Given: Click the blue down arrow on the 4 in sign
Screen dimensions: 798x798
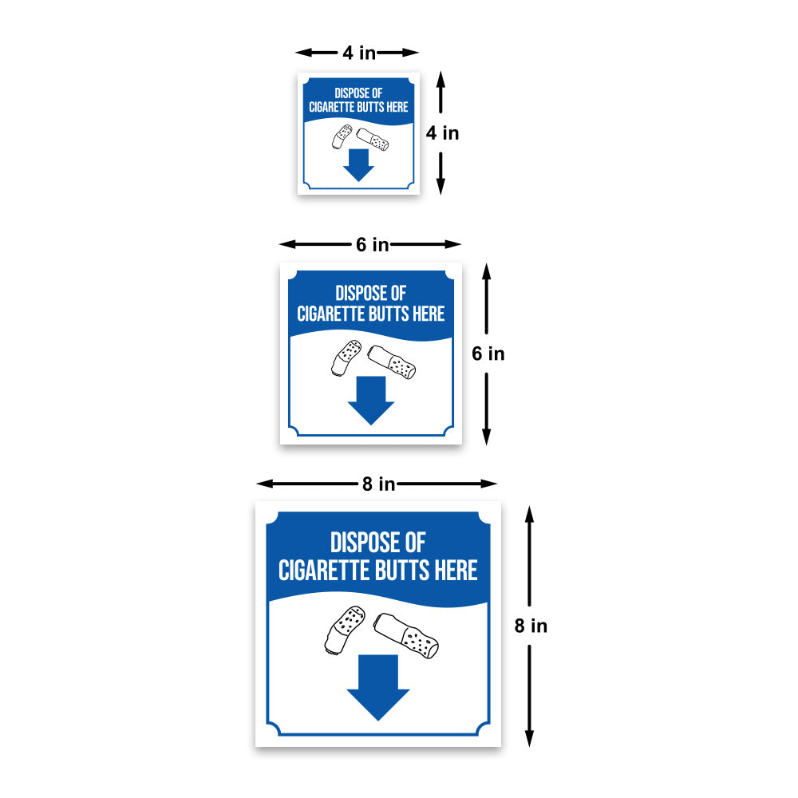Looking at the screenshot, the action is (358, 165).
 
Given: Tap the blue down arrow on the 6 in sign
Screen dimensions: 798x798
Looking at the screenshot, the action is (371, 400).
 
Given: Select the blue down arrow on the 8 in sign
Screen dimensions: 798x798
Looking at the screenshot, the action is (378, 687).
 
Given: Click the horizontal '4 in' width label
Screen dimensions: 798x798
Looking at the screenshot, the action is (359, 53).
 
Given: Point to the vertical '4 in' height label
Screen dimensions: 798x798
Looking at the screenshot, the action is (442, 132).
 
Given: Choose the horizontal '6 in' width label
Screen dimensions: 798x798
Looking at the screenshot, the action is (372, 244).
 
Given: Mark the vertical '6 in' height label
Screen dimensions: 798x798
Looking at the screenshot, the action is (488, 354).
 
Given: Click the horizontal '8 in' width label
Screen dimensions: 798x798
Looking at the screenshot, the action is (378, 484).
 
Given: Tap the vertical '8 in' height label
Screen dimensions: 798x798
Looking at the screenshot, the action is (531, 626).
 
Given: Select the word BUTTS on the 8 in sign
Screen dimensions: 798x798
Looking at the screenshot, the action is (405, 570).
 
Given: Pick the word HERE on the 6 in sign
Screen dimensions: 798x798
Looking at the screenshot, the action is (429, 314).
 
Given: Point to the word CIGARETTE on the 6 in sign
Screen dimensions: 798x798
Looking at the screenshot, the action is (332, 314).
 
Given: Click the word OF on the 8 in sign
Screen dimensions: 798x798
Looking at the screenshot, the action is (415, 543).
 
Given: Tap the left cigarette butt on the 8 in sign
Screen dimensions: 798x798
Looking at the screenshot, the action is (345, 630).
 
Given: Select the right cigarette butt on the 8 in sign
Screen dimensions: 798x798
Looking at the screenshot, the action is (406, 636).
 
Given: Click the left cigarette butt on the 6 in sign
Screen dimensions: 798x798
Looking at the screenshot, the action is (346, 358).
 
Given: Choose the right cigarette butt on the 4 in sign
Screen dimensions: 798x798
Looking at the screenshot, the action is (373, 140).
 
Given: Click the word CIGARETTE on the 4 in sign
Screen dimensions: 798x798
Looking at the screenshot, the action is (332, 107).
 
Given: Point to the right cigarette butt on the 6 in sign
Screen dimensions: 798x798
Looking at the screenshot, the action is (391, 362).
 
